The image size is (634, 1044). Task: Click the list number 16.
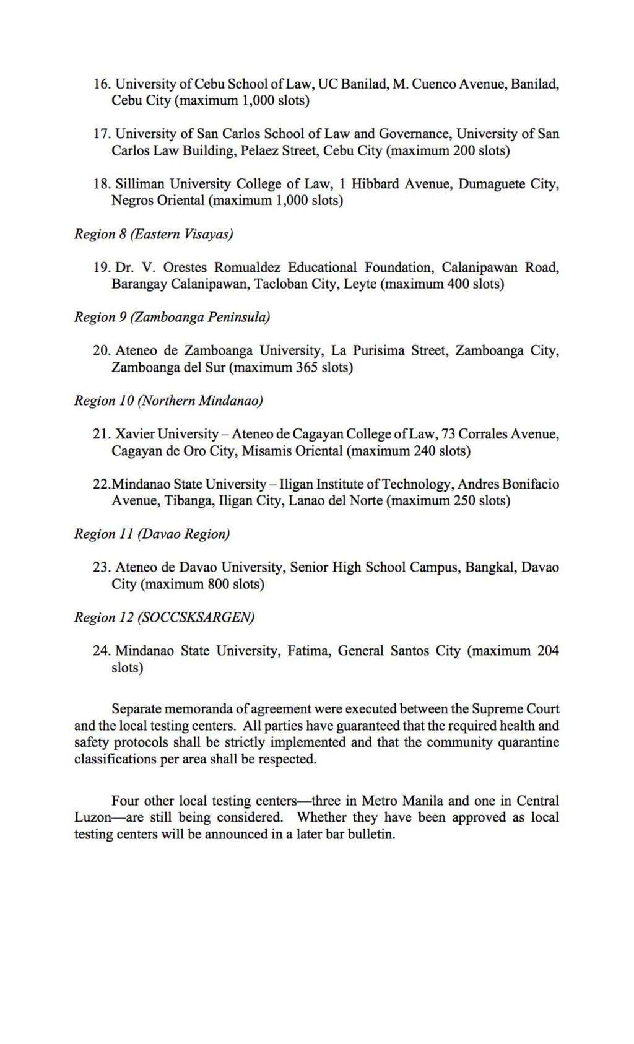click(x=102, y=84)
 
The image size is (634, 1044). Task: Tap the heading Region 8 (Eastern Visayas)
click(x=154, y=234)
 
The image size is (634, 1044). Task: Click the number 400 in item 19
click(x=458, y=284)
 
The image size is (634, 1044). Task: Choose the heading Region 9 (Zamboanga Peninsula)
click(x=172, y=318)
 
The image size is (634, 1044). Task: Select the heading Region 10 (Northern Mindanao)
click(x=168, y=401)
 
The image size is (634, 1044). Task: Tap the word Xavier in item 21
click(x=134, y=435)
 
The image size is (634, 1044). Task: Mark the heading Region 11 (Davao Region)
click(x=152, y=534)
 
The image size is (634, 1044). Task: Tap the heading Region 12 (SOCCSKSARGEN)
click(x=164, y=618)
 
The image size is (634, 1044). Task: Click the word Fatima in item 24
click(x=307, y=651)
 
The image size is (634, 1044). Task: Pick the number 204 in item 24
click(x=548, y=651)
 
